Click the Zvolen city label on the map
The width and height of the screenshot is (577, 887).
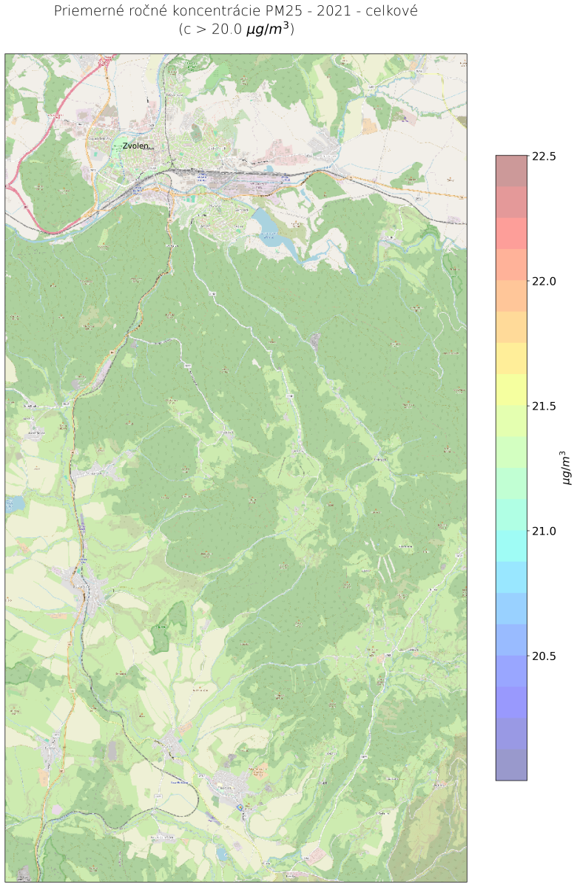(136, 146)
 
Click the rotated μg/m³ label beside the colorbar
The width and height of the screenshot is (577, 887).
(567, 467)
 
